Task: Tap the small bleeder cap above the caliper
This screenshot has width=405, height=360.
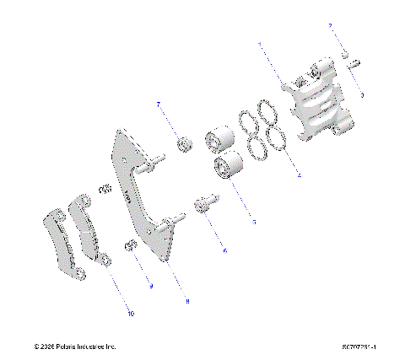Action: point(345,55)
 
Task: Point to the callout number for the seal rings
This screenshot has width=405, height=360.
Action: point(299,175)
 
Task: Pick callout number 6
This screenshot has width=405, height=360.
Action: point(224,250)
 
